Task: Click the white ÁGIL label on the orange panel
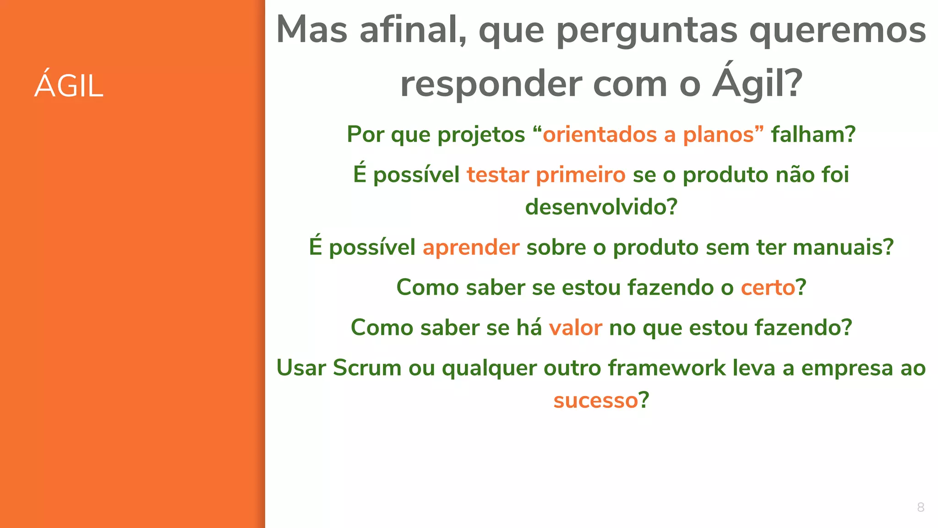[x=69, y=85]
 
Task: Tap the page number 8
[x=921, y=507]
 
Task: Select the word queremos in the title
[x=838, y=31]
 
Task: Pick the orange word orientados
[x=600, y=134]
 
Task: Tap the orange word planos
[x=718, y=134]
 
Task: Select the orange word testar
[x=498, y=175]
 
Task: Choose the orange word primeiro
[x=581, y=175]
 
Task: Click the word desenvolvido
[x=601, y=207]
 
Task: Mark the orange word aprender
[x=471, y=247]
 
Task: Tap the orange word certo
[x=768, y=287]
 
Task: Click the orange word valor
[x=575, y=328]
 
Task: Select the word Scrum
[x=367, y=368]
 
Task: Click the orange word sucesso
[x=595, y=400]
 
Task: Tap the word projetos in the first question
[x=481, y=135]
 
